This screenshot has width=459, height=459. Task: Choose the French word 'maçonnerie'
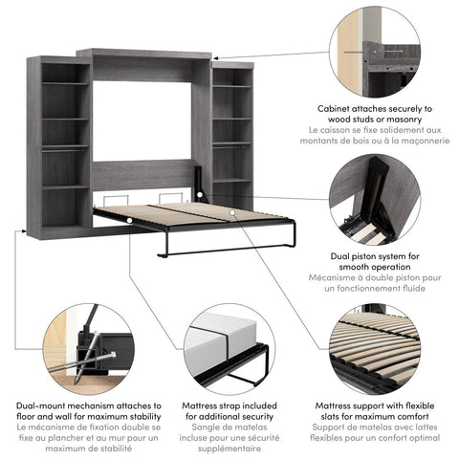click(x=417, y=141)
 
